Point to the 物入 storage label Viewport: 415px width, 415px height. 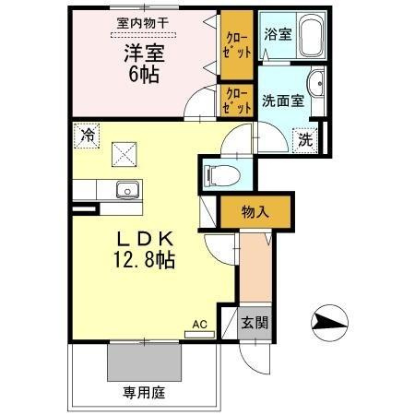[255, 212]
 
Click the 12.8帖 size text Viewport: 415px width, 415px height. [143, 260]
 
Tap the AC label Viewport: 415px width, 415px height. [198, 324]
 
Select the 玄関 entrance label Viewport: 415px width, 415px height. [255, 325]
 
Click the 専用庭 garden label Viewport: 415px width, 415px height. [145, 393]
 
